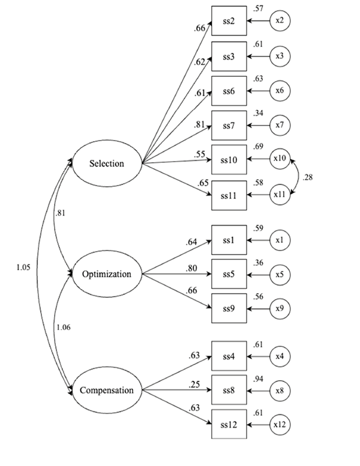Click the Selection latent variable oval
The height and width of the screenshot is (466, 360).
[x=107, y=163]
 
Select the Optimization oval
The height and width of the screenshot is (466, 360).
[x=107, y=274]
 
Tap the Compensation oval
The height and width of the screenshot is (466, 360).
[x=107, y=390]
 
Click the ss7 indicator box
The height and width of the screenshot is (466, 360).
[x=229, y=126]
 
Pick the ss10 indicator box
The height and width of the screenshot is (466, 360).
[x=229, y=160]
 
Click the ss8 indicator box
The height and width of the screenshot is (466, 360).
[x=229, y=390]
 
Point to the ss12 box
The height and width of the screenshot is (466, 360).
[x=229, y=425]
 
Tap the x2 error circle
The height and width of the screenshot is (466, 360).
[x=280, y=21]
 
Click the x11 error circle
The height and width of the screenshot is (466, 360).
[x=280, y=195]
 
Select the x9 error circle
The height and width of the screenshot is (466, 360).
[x=280, y=309]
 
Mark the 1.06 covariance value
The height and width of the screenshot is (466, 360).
[x=63, y=327]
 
